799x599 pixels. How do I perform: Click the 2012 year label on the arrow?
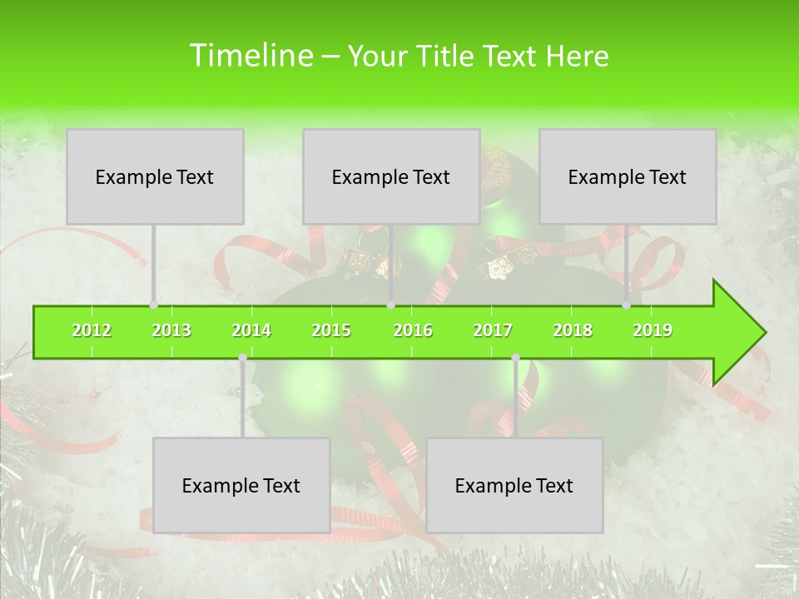pos(92,331)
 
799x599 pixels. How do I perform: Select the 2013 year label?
pos(171,331)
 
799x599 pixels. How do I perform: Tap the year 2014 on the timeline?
pos(251,331)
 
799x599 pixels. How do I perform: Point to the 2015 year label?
pos(331,331)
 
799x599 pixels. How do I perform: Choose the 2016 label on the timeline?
pos(413,331)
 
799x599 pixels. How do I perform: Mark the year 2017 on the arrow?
pos(493,331)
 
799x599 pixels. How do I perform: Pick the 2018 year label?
pos(573,331)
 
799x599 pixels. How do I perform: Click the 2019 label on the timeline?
pos(653,331)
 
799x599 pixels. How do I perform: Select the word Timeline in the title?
pos(251,56)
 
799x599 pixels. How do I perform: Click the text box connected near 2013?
pos(155,177)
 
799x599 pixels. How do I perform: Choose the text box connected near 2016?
pos(391,177)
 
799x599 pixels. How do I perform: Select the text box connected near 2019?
pos(628,177)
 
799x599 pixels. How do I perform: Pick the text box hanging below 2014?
pos(241,486)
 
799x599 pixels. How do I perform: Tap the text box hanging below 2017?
pos(514,486)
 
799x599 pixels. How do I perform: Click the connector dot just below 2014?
pos(242,358)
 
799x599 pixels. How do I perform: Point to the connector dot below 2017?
pos(515,358)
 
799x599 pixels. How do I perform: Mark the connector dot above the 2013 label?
pos(153,305)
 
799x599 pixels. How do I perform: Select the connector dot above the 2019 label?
pos(626,305)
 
